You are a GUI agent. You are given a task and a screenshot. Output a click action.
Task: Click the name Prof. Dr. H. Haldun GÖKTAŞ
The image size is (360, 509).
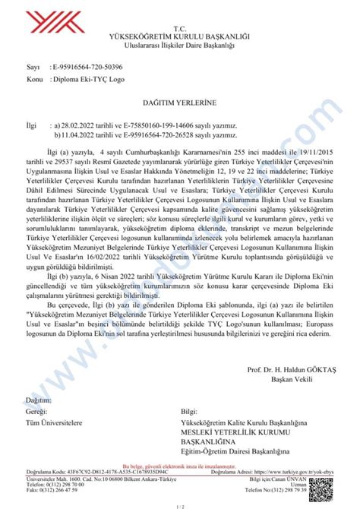tap(291, 369)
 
